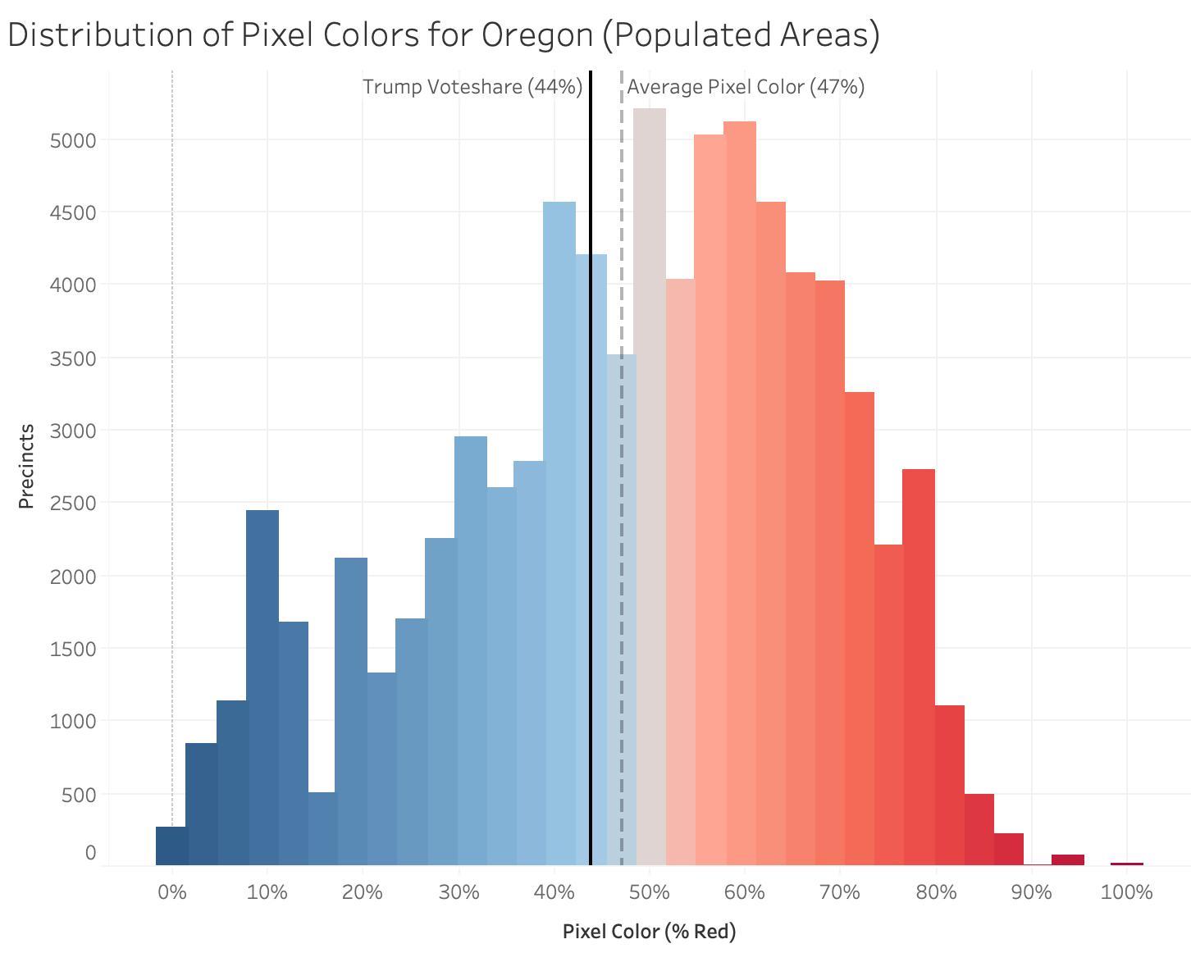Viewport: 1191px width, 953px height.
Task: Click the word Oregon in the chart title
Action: click(536, 35)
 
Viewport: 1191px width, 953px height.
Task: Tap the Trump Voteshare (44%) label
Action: click(472, 87)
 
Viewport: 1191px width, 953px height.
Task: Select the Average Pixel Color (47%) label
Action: click(746, 87)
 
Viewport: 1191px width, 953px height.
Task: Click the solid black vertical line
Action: click(591, 574)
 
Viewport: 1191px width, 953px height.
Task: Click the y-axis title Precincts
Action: click(26, 466)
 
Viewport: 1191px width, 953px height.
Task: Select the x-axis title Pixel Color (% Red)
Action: click(649, 932)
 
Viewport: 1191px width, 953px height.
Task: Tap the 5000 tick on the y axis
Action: click(73, 140)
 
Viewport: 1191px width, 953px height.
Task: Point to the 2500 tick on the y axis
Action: click(73, 503)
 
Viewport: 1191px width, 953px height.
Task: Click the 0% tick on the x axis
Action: click(172, 892)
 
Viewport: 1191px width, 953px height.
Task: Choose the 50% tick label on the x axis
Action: click(650, 892)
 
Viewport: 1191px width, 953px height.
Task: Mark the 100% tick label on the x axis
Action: click(1126, 892)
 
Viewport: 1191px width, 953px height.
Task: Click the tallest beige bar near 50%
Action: click(650, 492)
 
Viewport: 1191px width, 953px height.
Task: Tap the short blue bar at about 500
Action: click(322, 828)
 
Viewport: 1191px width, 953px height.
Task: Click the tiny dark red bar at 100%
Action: click(1126, 864)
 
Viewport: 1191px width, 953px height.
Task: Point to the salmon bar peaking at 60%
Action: click(740, 492)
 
